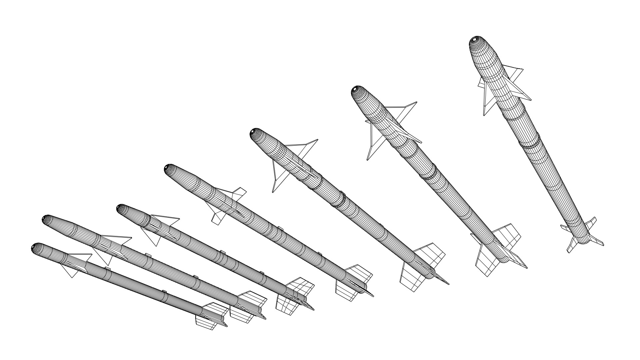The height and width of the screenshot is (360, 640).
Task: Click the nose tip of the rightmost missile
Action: tap(477, 40)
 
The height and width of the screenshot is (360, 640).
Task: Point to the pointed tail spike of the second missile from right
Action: tap(522, 265)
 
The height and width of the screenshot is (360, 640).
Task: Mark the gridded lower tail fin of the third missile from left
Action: tap(287, 306)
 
